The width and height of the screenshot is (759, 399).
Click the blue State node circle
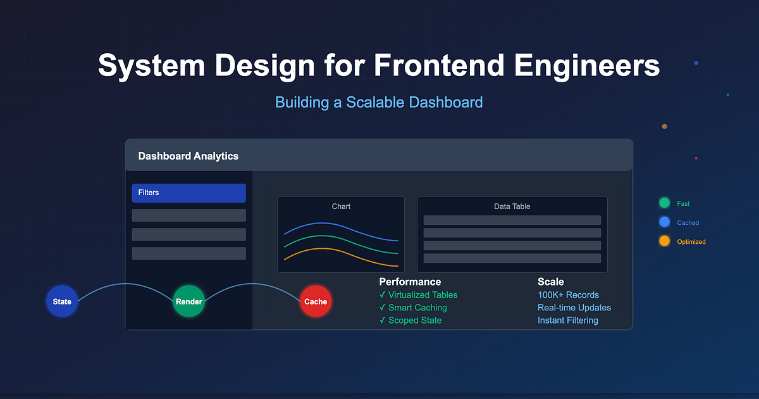(62, 301)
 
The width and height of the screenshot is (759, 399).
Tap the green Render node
(189, 301)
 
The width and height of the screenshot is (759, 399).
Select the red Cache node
(316, 301)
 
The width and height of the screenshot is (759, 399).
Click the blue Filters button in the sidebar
(188, 193)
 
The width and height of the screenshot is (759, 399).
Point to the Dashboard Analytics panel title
(188, 156)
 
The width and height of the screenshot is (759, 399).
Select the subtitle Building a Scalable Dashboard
(379, 102)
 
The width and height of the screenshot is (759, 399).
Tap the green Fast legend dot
(664, 203)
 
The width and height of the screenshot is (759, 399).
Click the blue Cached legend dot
(664, 222)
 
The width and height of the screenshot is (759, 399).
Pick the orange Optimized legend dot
(664, 241)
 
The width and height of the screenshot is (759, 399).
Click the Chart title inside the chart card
(341, 206)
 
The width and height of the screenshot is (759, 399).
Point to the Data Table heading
(512, 206)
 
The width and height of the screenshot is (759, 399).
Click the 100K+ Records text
(568, 295)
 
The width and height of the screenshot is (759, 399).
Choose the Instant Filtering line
(567, 320)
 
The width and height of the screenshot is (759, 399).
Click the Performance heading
(410, 282)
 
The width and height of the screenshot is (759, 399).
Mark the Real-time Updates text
(574, 308)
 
